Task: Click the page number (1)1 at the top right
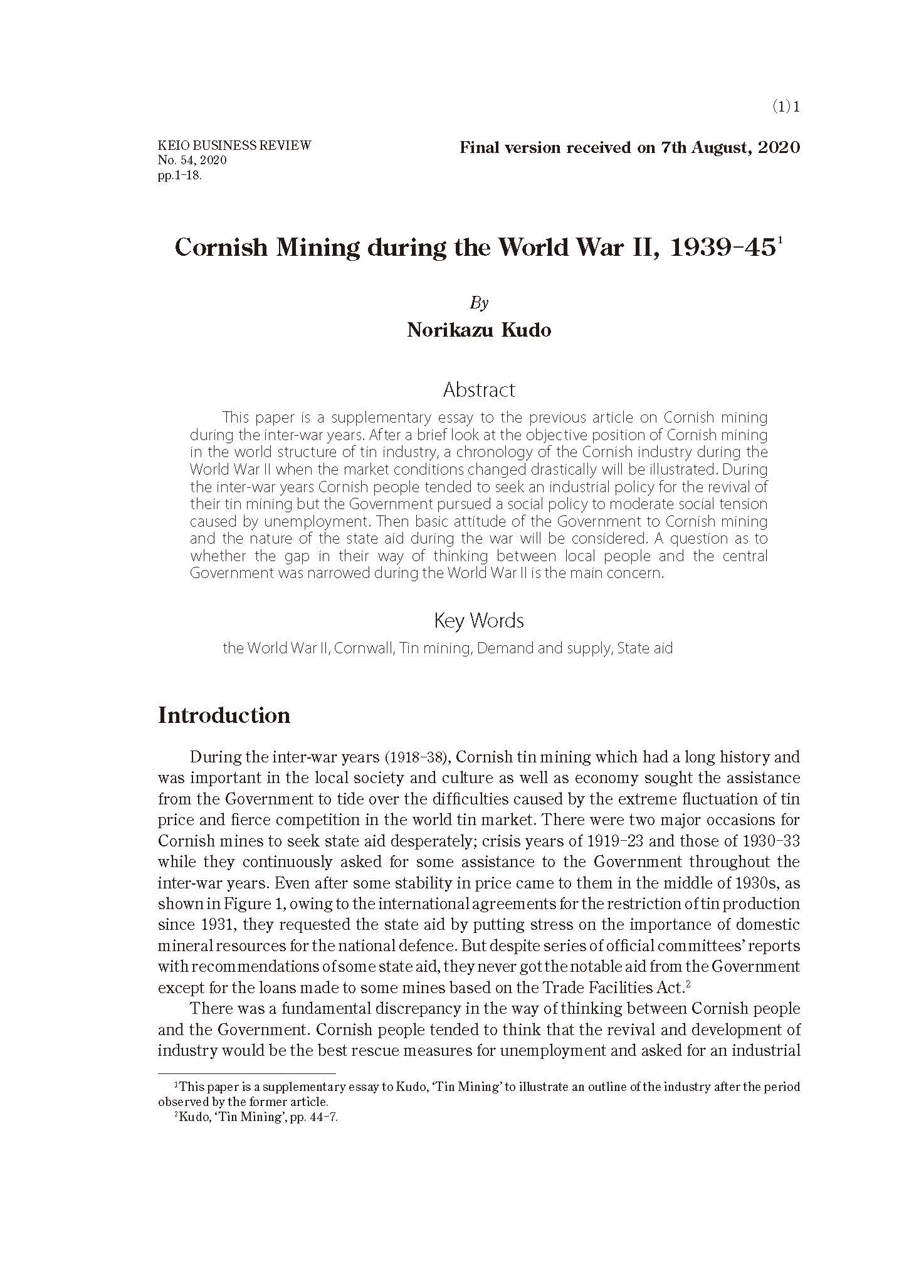pyautogui.click(x=786, y=107)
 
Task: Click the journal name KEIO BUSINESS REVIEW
pyautogui.click(x=234, y=146)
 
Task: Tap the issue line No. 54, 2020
pyautogui.click(x=192, y=161)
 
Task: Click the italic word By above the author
pyautogui.click(x=478, y=303)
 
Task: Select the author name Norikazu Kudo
pyautogui.click(x=479, y=330)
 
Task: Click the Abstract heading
pyautogui.click(x=479, y=390)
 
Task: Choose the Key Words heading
pyautogui.click(x=479, y=621)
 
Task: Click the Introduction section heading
pyautogui.click(x=224, y=715)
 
